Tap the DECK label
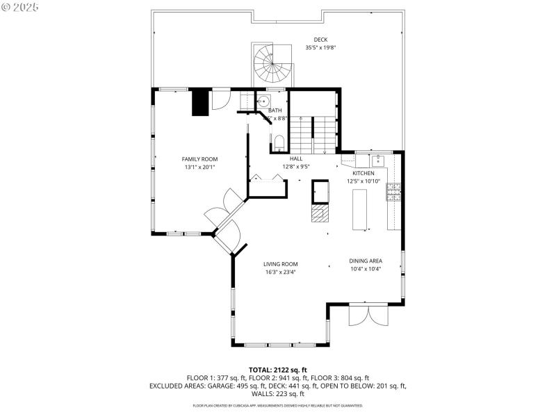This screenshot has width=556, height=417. point(320,40)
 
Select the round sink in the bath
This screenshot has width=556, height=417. point(263,101)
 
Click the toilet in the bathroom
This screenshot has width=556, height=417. point(279,143)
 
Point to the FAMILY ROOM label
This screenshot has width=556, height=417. point(200,159)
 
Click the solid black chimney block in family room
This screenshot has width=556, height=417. point(200,102)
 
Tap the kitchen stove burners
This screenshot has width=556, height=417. point(393,192)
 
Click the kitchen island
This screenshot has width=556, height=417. point(361,208)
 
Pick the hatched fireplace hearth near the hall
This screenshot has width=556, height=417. point(319,213)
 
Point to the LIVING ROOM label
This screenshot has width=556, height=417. point(280,264)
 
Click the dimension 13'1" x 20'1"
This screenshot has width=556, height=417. point(200,167)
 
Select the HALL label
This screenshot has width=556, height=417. point(296,158)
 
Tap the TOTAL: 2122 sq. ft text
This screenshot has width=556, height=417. point(278,370)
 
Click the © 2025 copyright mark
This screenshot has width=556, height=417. point(20,7)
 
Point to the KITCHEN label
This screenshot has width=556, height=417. point(363,173)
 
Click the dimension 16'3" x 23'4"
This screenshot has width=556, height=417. point(280,272)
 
